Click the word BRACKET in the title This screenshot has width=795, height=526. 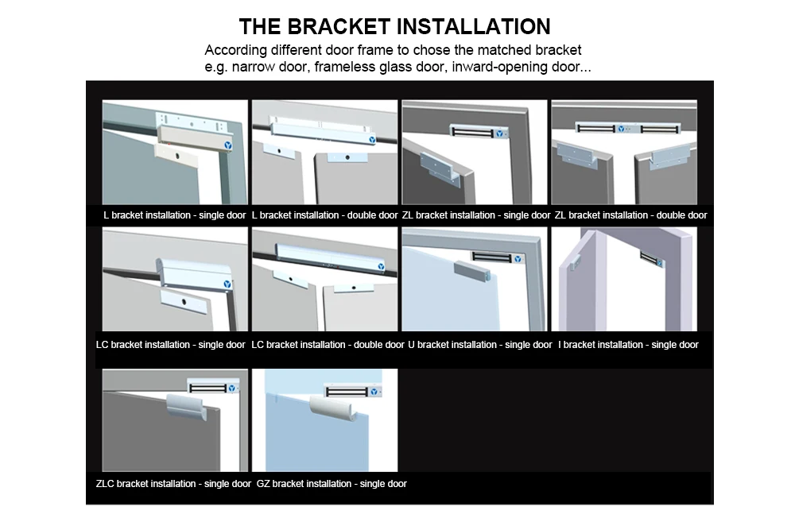tap(339, 26)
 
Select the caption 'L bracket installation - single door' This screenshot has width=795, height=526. tap(174, 215)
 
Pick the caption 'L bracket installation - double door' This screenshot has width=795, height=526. tap(324, 215)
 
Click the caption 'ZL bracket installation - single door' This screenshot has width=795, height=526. tap(476, 215)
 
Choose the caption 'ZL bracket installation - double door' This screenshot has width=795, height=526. tap(630, 215)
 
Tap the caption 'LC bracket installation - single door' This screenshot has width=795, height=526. tap(170, 345)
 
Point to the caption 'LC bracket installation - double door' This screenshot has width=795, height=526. tap(328, 345)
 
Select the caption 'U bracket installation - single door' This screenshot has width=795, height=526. tap(479, 345)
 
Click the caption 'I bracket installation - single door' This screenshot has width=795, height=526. tap(628, 345)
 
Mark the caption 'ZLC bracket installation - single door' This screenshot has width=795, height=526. tap(173, 484)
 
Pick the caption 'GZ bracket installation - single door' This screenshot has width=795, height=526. tap(332, 484)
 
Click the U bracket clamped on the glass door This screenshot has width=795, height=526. tap(472, 271)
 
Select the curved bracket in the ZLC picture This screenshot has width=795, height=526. tap(185, 408)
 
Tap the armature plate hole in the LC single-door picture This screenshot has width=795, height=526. tap(184, 302)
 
